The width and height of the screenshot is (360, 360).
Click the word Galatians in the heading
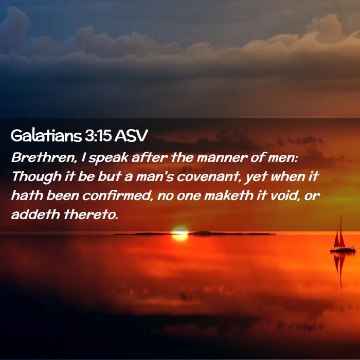[x=46, y=135]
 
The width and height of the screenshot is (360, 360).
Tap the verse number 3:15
[x=98, y=135]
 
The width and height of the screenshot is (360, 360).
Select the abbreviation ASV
[x=131, y=135]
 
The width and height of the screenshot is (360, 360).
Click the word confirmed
[x=117, y=196]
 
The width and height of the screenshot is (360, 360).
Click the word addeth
[x=35, y=214]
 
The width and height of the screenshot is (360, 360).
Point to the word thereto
[x=91, y=214]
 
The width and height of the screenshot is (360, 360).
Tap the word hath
[x=27, y=196]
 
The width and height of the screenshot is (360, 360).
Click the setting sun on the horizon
[x=180, y=233]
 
